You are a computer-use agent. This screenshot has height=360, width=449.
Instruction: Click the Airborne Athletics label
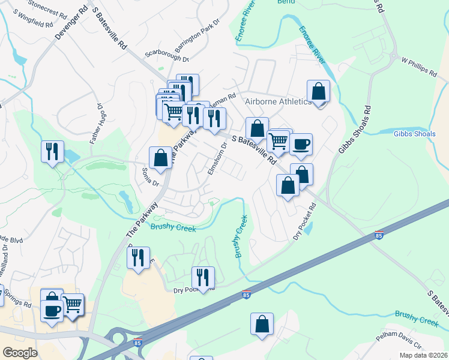pyautogui.click(x=278, y=101)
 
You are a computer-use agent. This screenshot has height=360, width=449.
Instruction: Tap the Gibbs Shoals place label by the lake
pyautogui.click(x=414, y=133)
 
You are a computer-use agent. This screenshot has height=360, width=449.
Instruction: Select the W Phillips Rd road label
pyautogui.click(x=420, y=67)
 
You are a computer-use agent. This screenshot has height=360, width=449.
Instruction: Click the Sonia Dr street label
pyautogui.click(x=146, y=176)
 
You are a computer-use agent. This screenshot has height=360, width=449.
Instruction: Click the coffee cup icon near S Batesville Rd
pyautogui.click(x=301, y=144)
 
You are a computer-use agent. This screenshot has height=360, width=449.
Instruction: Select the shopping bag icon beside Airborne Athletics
pyautogui.click(x=318, y=92)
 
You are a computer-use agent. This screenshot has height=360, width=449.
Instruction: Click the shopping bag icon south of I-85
pyautogui.click(x=262, y=324)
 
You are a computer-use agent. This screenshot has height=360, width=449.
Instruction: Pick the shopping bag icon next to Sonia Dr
pyautogui.click(x=160, y=158)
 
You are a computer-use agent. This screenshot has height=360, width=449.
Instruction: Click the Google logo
pyautogui.click(x=20, y=353)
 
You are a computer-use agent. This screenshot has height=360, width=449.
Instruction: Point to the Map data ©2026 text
pyautogui.click(x=423, y=355)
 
